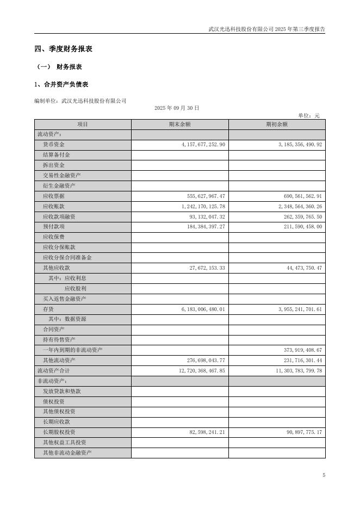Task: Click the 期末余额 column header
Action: (x=179, y=125)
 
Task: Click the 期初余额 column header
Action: (x=277, y=125)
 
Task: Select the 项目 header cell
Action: (x=83, y=125)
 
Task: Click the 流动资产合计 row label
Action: (x=53, y=370)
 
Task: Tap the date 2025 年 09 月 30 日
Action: (x=177, y=108)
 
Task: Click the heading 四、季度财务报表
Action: (x=63, y=49)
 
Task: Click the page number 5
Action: (x=324, y=475)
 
